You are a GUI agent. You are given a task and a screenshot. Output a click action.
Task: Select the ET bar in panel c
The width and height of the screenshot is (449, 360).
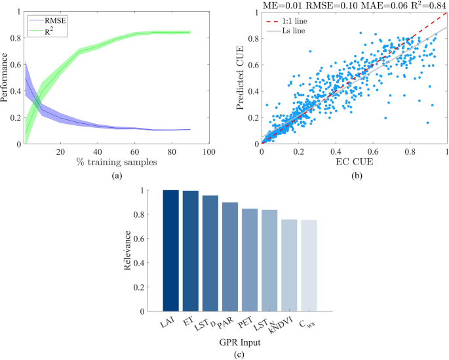coord(191,251)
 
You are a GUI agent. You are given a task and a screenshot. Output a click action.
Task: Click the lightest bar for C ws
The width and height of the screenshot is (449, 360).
coord(309,265)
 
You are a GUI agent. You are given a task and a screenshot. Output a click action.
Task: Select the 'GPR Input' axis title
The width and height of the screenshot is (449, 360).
coord(240,342)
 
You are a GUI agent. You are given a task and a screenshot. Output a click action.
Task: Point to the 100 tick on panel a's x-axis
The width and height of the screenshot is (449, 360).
coord(208,151)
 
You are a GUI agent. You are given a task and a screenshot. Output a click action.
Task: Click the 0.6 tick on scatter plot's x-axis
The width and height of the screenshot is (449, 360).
coord(373,151)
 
